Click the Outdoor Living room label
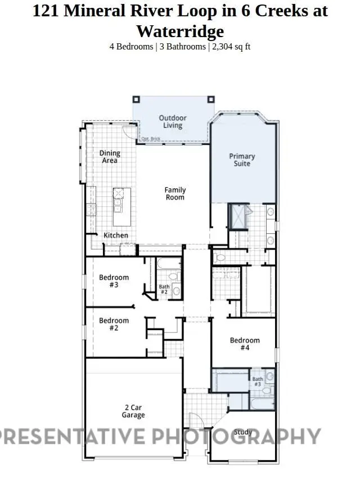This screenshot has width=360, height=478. click(x=172, y=121)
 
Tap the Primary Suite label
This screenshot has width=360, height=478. click(x=242, y=160)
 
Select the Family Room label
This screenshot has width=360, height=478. click(x=175, y=193)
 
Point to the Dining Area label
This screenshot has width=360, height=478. click(x=110, y=156)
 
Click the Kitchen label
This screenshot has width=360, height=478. click(x=115, y=235)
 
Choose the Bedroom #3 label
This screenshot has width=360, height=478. click(x=114, y=281)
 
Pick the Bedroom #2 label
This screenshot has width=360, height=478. click(x=114, y=324)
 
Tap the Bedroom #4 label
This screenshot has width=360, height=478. click(x=245, y=344)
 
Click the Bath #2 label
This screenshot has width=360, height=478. click(x=164, y=289)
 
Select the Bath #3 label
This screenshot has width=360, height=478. click(x=258, y=381)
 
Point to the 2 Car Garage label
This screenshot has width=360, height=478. click(x=133, y=411)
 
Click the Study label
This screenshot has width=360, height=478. click(x=243, y=432)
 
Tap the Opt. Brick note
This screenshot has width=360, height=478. click(x=151, y=139)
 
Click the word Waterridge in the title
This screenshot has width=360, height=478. click(x=180, y=31)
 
